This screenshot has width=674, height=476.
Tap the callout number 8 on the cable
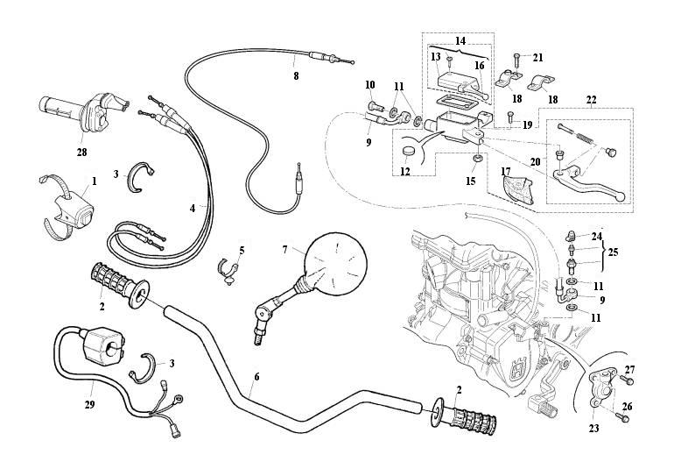click(x=296, y=76)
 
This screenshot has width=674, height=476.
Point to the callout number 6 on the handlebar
click(x=256, y=376)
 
